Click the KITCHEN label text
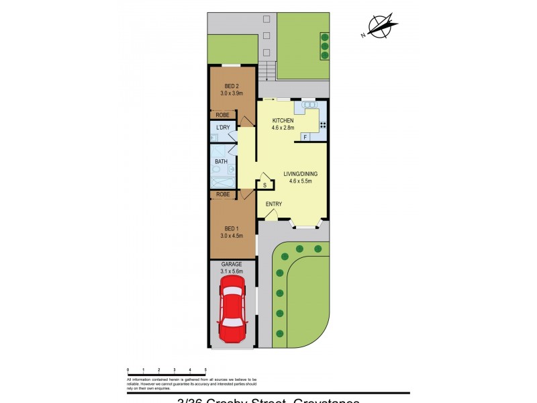[283, 121]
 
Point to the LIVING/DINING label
[300, 174]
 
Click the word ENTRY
[274, 204]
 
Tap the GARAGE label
[232, 264]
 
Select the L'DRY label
[223, 128]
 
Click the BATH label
[221, 162]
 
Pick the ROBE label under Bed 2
[223, 115]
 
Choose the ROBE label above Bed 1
[223, 194]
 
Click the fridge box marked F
[305, 138]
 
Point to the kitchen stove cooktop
[323, 125]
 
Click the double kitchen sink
[309, 105]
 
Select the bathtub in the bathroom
[222, 182]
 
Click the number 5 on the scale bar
[205, 370]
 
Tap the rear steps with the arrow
[267, 70]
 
